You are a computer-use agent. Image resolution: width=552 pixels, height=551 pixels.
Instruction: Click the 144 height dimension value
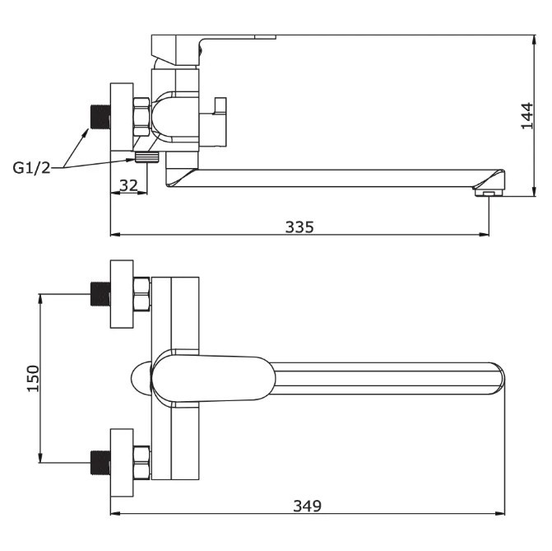[527, 116]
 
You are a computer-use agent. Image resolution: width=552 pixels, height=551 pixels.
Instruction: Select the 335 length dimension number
[299, 227]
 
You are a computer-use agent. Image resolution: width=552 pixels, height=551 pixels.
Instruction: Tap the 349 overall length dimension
[308, 507]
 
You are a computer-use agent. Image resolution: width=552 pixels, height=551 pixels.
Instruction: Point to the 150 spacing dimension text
[34, 379]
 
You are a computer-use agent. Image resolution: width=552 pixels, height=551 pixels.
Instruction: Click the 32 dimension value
[128, 185]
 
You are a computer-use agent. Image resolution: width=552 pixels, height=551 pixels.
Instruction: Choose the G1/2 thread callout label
[32, 168]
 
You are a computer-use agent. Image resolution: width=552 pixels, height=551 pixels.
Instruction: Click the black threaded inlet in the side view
[100, 117]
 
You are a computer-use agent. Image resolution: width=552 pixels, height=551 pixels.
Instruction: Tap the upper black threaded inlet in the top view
[100, 294]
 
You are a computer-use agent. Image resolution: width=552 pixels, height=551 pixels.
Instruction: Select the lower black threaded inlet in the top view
[100, 463]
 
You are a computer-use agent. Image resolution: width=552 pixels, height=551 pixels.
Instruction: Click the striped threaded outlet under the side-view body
[147, 157]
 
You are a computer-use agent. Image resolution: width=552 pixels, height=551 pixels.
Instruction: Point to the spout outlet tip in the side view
[489, 193]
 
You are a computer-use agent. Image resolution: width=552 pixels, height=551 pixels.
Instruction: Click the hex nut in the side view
[141, 117]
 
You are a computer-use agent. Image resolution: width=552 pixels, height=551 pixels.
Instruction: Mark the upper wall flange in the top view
[122, 294]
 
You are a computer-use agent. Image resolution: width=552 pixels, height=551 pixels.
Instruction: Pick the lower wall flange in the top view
[122, 463]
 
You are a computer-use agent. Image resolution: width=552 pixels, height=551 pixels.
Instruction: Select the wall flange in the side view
[122, 117]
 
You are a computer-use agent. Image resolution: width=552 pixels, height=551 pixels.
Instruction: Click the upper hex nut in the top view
[141, 294]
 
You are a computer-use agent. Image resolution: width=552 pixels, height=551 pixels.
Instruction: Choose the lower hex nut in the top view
[141, 463]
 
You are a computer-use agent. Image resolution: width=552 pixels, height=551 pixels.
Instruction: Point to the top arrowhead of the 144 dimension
[535, 39]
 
